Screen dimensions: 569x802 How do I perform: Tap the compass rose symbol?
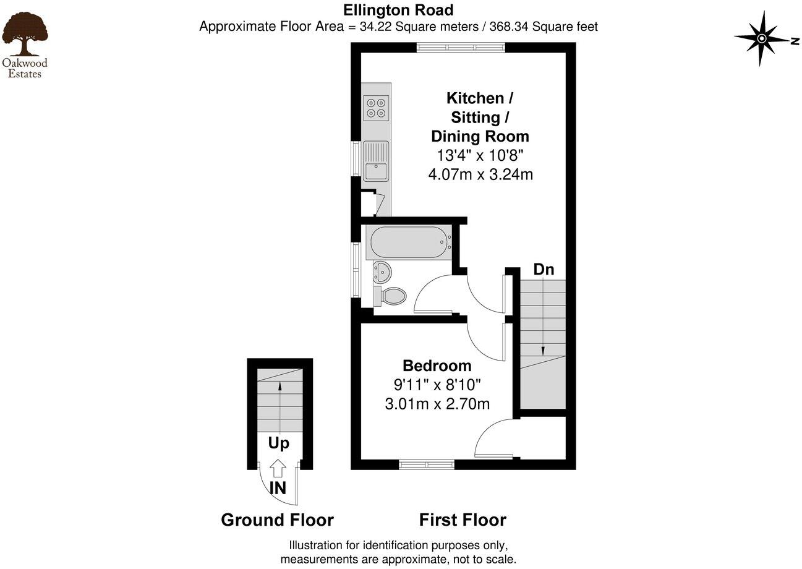pos(762,39)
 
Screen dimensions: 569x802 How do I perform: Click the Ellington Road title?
pos(399,10)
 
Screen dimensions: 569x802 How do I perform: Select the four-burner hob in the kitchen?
pos(376,108)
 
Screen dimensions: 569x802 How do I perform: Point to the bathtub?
pos(408,242)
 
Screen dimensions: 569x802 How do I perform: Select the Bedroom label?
pos(437,366)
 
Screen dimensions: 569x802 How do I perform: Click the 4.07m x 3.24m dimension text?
pos(480,174)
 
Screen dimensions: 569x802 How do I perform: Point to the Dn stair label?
pos(544,270)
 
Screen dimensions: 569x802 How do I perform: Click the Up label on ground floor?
pos(278,443)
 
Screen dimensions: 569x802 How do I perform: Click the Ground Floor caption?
pos(277,520)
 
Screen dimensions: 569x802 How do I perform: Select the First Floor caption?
pos(463,520)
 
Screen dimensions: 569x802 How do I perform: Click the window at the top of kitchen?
pos(461,47)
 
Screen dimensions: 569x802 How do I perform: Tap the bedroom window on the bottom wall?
pos(427,464)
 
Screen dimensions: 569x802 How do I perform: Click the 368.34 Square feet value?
pos(544,27)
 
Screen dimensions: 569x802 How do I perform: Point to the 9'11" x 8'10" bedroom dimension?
pos(437,385)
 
